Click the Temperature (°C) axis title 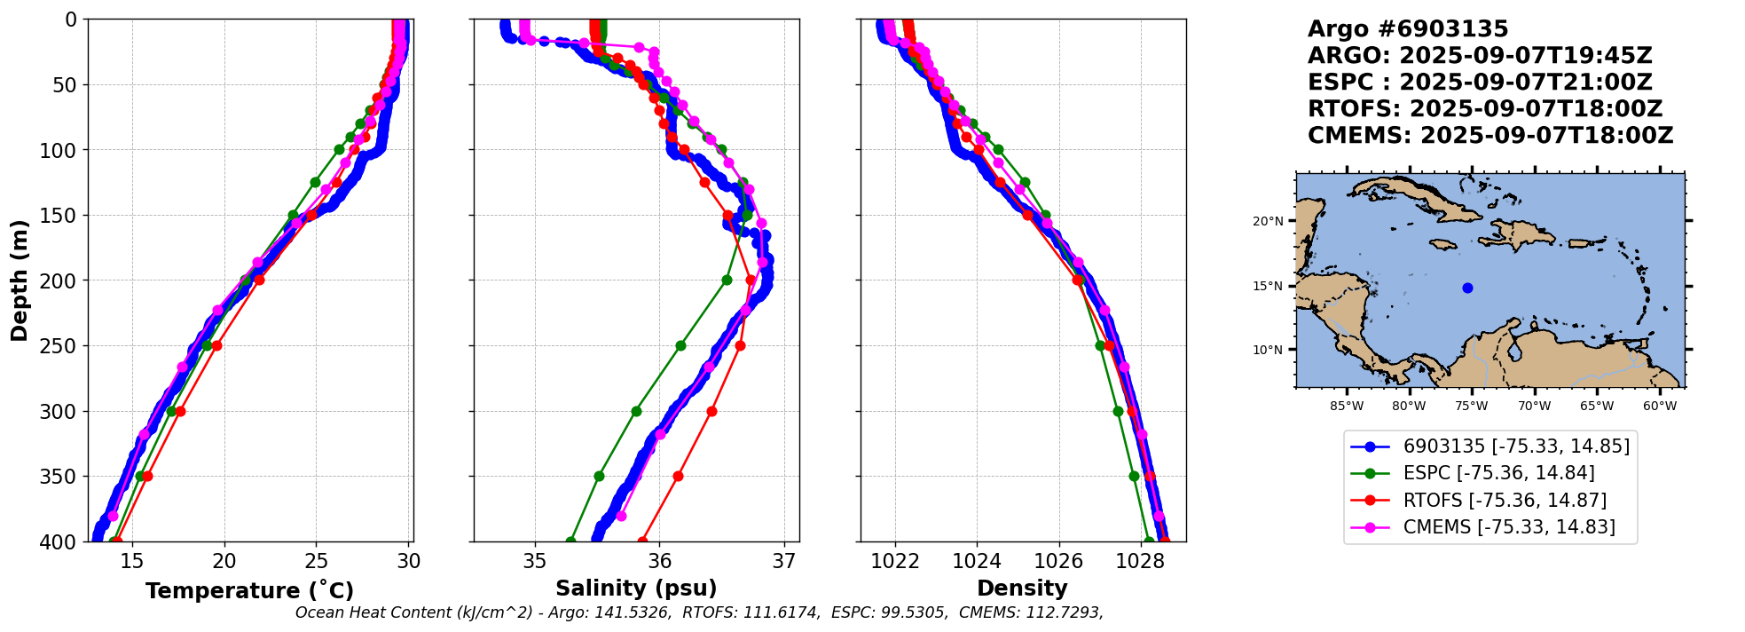click(x=249, y=590)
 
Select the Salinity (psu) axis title click(x=636, y=589)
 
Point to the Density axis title click(x=1022, y=589)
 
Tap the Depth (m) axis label click(x=20, y=280)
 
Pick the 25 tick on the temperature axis click(x=317, y=561)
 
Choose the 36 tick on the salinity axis click(x=659, y=561)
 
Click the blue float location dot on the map click(x=1467, y=288)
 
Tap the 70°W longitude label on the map click(x=1534, y=407)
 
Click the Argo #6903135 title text click(x=1408, y=29)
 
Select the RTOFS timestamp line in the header click(x=1484, y=109)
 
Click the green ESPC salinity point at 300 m click(x=636, y=411)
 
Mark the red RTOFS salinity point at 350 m click(x=678, y=477)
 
